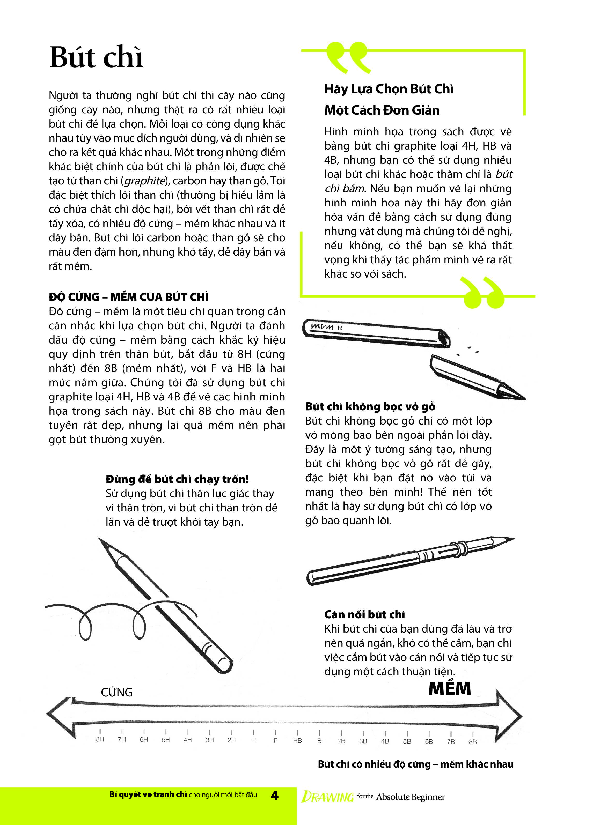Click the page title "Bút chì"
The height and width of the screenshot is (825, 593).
pyautogui.click(x=97, y=57)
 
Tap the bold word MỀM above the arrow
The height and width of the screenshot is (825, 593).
pyautogui.click(x=450, y=689)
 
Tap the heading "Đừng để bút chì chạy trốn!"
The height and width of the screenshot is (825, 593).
pyautogui.click(x=177, y=479)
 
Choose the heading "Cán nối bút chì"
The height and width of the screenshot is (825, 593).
pyautogui.click(x=364, y=614)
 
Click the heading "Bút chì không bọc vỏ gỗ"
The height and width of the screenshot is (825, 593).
pyautogui.click(x=370, y=407)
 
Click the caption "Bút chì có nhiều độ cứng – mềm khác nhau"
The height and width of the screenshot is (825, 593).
pyautogui.click(x=415, y=764)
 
